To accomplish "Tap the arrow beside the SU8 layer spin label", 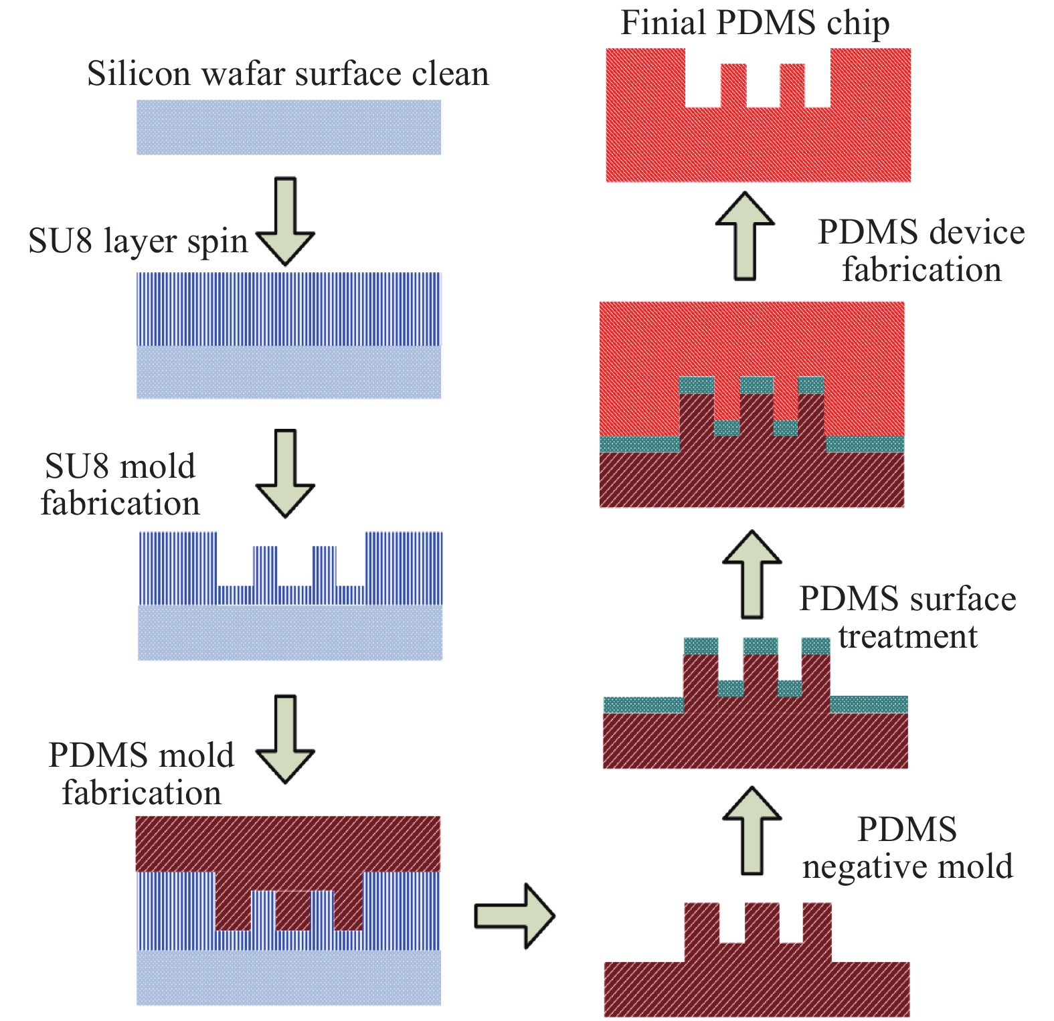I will pyautogui.click(x=286, y=221).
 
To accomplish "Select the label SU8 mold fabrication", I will pyautogui.click(x=120, y=484).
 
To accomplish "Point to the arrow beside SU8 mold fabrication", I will pyautogui.click(x=286, y=473).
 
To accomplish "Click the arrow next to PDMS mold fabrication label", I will pyautogui.click(x=286, y=739).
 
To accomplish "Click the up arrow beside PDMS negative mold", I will pyautogui.click(x=753, y=830).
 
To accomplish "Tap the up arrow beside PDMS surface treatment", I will pyautogui.click(x=752, y=574).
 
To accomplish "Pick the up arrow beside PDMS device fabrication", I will pyautogui.click(x=745, y=236).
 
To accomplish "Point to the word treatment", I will pyautogui.click(x=907, y=636).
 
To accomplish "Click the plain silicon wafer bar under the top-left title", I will pyautogui.click(x=289, y=127).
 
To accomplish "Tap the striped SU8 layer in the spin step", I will pyautogui.click(x=289, y=308).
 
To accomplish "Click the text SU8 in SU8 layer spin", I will pyautogui.click(x=60, y=241).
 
